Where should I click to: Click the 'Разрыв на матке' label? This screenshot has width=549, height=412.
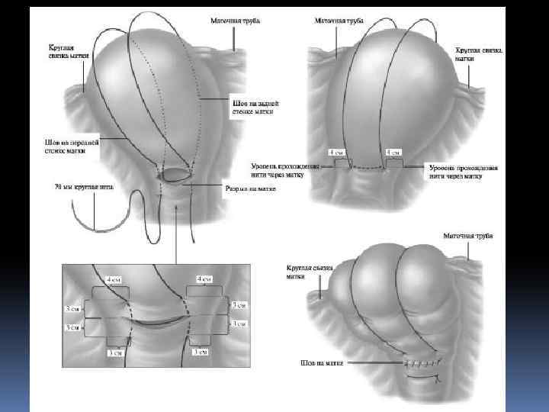[243, 188]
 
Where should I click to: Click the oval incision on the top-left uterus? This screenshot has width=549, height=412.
[178, 176]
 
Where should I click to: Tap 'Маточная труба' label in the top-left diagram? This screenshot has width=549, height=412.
[233, 21]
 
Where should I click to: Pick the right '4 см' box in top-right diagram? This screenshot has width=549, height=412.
[393, 153]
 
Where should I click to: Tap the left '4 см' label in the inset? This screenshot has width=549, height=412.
[113, 280]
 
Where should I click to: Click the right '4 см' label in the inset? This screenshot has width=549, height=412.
[204, 279]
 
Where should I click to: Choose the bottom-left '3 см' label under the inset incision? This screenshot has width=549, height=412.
[114, 352]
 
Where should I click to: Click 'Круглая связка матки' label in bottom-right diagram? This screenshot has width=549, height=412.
[301, 272]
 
